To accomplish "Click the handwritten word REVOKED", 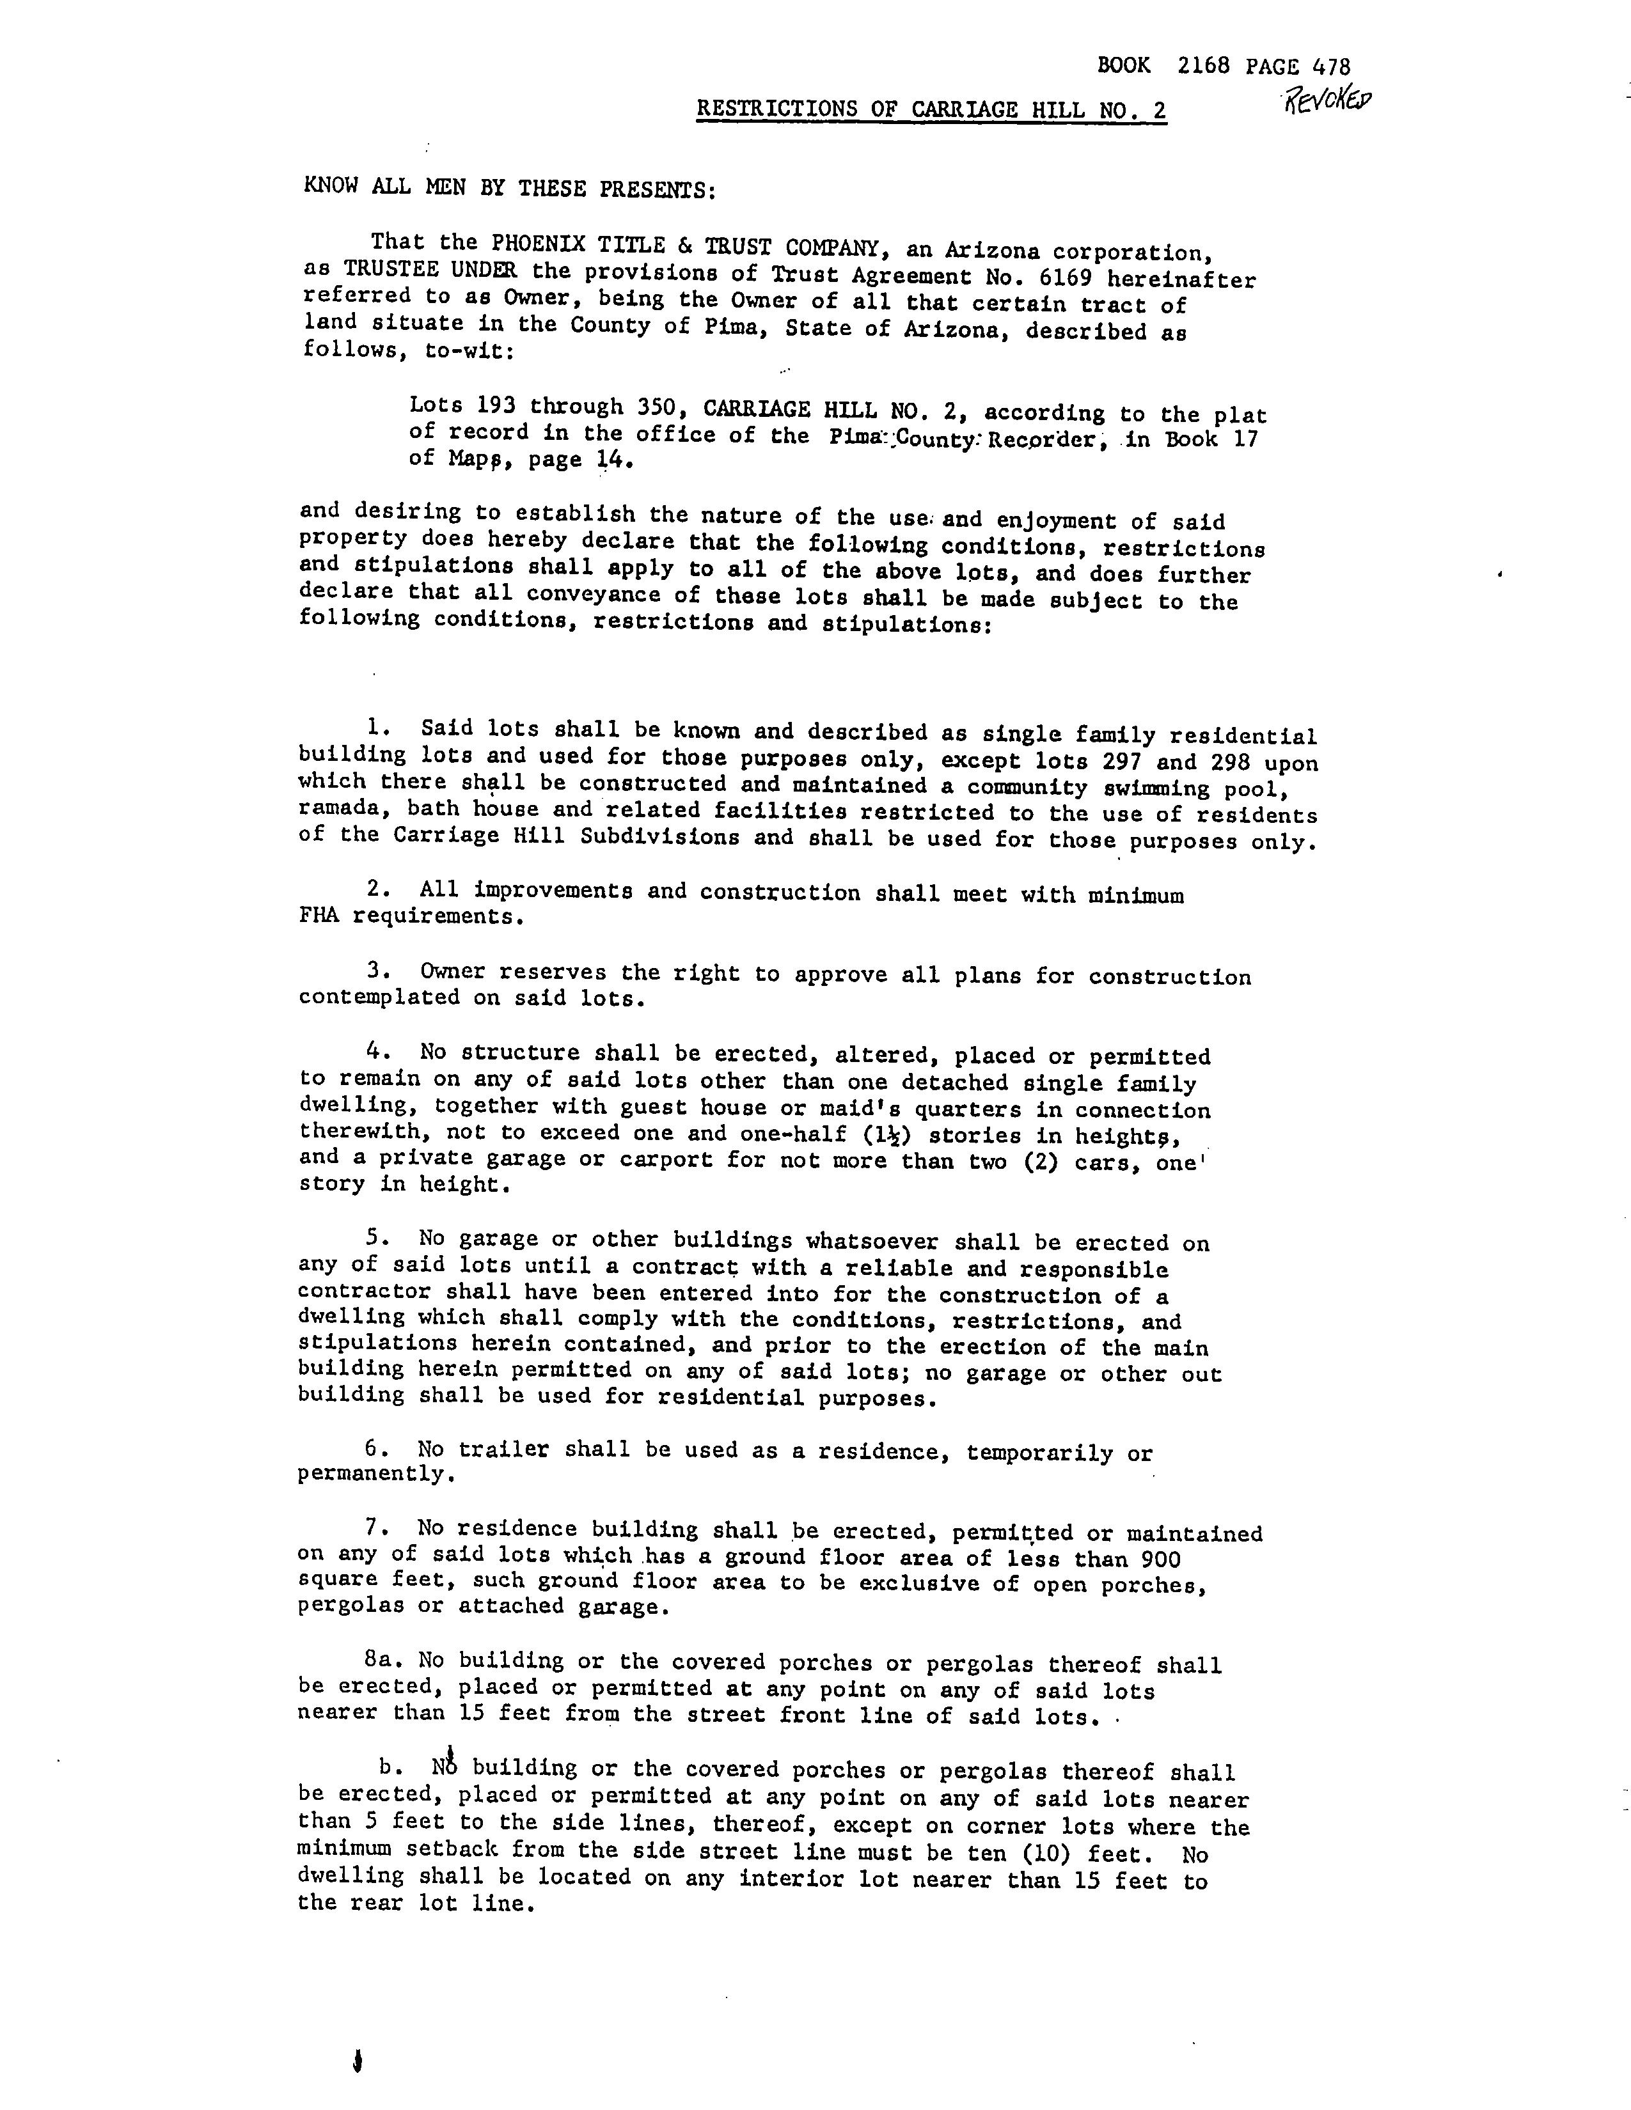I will click(1326, 100).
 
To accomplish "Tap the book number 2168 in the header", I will click(1203, 66).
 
